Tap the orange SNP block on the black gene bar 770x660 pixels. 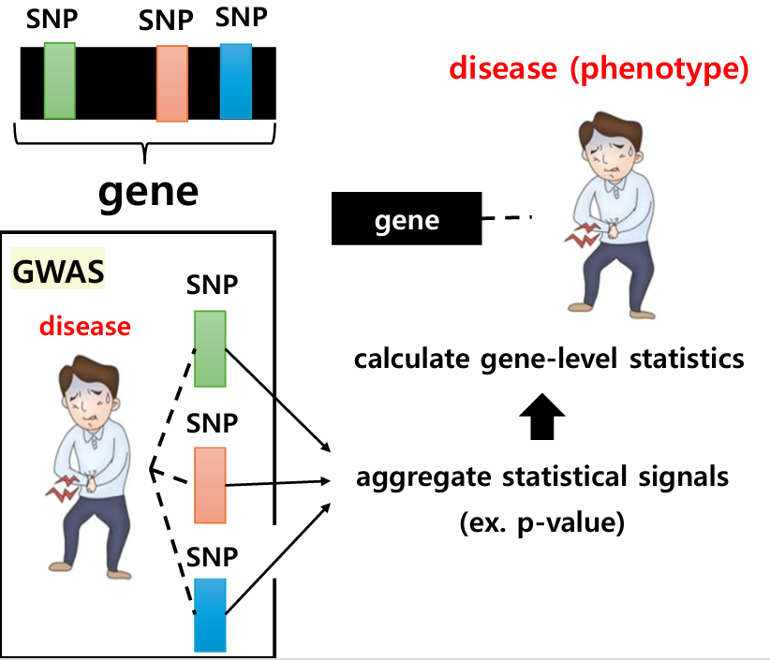point(172,83)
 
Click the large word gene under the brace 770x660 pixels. point(149,192)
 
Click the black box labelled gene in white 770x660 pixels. point(407,220)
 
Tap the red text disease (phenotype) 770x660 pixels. point(600,70)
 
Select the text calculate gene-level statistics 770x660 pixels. point(549,359)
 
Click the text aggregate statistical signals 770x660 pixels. point(542,478)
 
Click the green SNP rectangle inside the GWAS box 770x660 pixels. point(210,348)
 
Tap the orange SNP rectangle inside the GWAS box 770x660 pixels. point(210,484)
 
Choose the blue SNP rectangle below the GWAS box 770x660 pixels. point(210,614)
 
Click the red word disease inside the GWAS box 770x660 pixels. point(85,327)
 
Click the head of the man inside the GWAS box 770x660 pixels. point(86,398)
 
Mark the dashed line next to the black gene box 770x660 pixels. point(506,219)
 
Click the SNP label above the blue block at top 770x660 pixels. point(241,17)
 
